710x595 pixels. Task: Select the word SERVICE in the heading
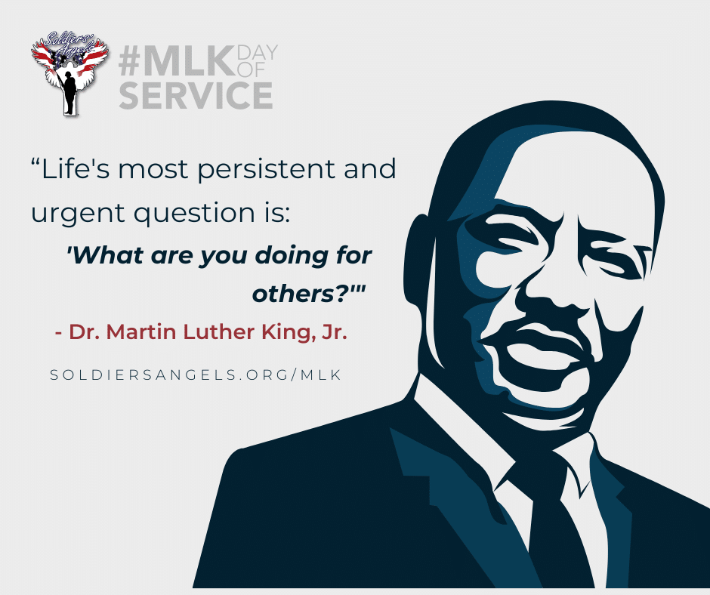tap(196, 95)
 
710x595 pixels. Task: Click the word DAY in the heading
tap(257, 53)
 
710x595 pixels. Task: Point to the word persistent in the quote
tap(267, 170)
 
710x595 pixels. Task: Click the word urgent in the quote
tap(78, 214)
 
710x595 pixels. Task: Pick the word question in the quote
tap(194, 214)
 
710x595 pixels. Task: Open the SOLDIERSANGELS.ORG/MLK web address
tap(196, 375)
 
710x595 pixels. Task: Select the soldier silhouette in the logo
tap(69, 93)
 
